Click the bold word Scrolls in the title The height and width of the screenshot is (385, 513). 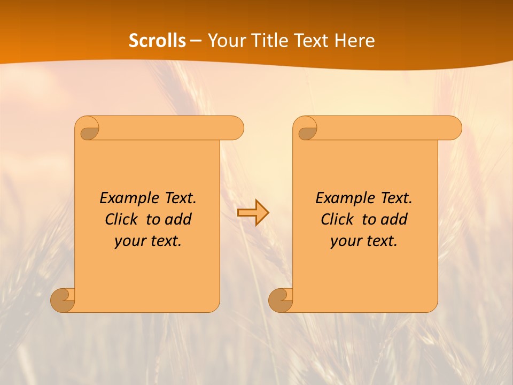157,41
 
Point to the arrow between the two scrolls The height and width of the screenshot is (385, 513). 253,212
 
